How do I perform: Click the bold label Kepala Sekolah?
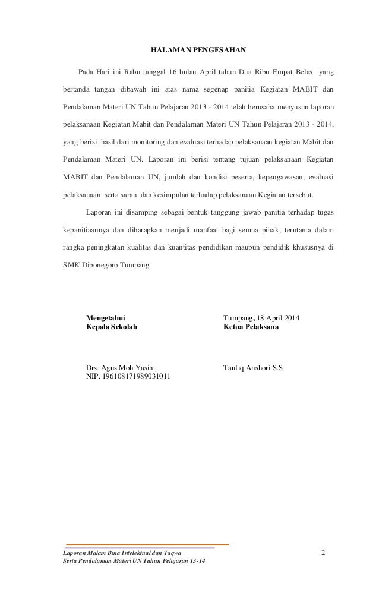point(111,327)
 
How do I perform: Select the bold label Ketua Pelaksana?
point(250,327)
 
